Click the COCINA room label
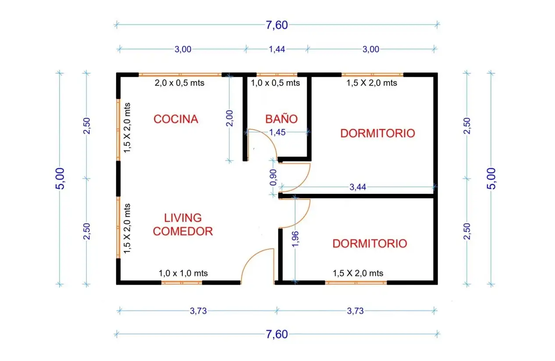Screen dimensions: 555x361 click(176, 119)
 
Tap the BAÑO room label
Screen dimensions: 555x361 click(281, 119)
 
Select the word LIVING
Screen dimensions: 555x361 click(183, 218)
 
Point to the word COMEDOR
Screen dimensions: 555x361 click(183, 231)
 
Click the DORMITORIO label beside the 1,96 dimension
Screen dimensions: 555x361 click(370, 243)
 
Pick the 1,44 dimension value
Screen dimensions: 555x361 click(277, 49)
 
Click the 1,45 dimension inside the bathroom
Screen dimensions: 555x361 click(277, 132)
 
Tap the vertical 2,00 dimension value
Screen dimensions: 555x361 click(229, 118)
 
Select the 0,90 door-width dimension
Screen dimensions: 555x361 click(273, 177)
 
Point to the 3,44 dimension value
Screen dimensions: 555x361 click(358, 187)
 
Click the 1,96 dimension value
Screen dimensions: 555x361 click(295, 239)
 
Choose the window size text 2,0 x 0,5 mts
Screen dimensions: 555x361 click(179, 82)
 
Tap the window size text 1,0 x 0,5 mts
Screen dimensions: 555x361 click(275, 82)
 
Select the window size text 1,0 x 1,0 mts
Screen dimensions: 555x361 click(183, 273)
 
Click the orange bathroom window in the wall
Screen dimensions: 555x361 click(277, 75)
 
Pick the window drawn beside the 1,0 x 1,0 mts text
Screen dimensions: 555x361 click(181, 282)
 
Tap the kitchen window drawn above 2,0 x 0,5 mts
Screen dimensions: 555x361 click(180, 75)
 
